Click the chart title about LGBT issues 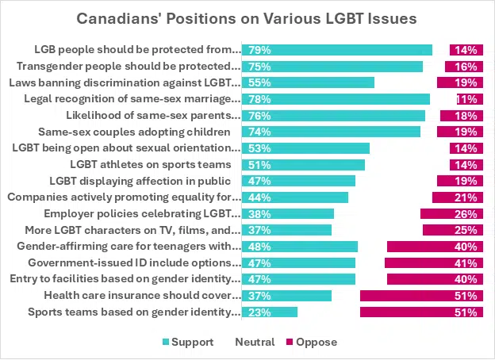[247, 18]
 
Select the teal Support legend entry [188, 343]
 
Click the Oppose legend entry [310, 343]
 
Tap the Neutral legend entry [254, 343]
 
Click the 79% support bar [336, 50]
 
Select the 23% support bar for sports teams [269, 312]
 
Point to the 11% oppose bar [468, 99]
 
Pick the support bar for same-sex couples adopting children [331, 132]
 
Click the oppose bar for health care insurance [420, 296]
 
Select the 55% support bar [308, 82]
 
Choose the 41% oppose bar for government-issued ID [432, 263]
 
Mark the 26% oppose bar [450, 214]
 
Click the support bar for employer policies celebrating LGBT [287, 214]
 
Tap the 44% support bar [294, 197]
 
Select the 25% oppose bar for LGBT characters [451, 230]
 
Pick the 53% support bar [305, 148]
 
